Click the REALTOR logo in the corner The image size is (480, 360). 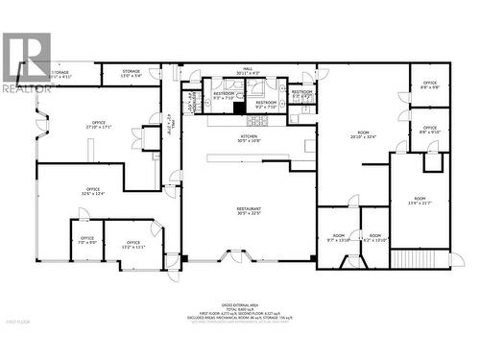point(26,60)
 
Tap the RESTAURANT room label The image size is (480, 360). point(250,210)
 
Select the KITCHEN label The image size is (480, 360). point(249,138)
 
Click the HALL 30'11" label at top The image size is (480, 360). point(249,72)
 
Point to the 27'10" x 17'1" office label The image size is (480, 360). point(98,124)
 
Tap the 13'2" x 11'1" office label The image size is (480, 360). point(132,245)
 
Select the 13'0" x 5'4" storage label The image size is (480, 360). point(132,73)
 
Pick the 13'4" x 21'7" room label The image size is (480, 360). point(420,200)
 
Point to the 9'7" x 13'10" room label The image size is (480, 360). point(338,237)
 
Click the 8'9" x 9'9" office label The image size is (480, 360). point(429,84)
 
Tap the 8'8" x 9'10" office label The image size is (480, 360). point(429,130)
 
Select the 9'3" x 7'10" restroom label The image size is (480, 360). point(223,96)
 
